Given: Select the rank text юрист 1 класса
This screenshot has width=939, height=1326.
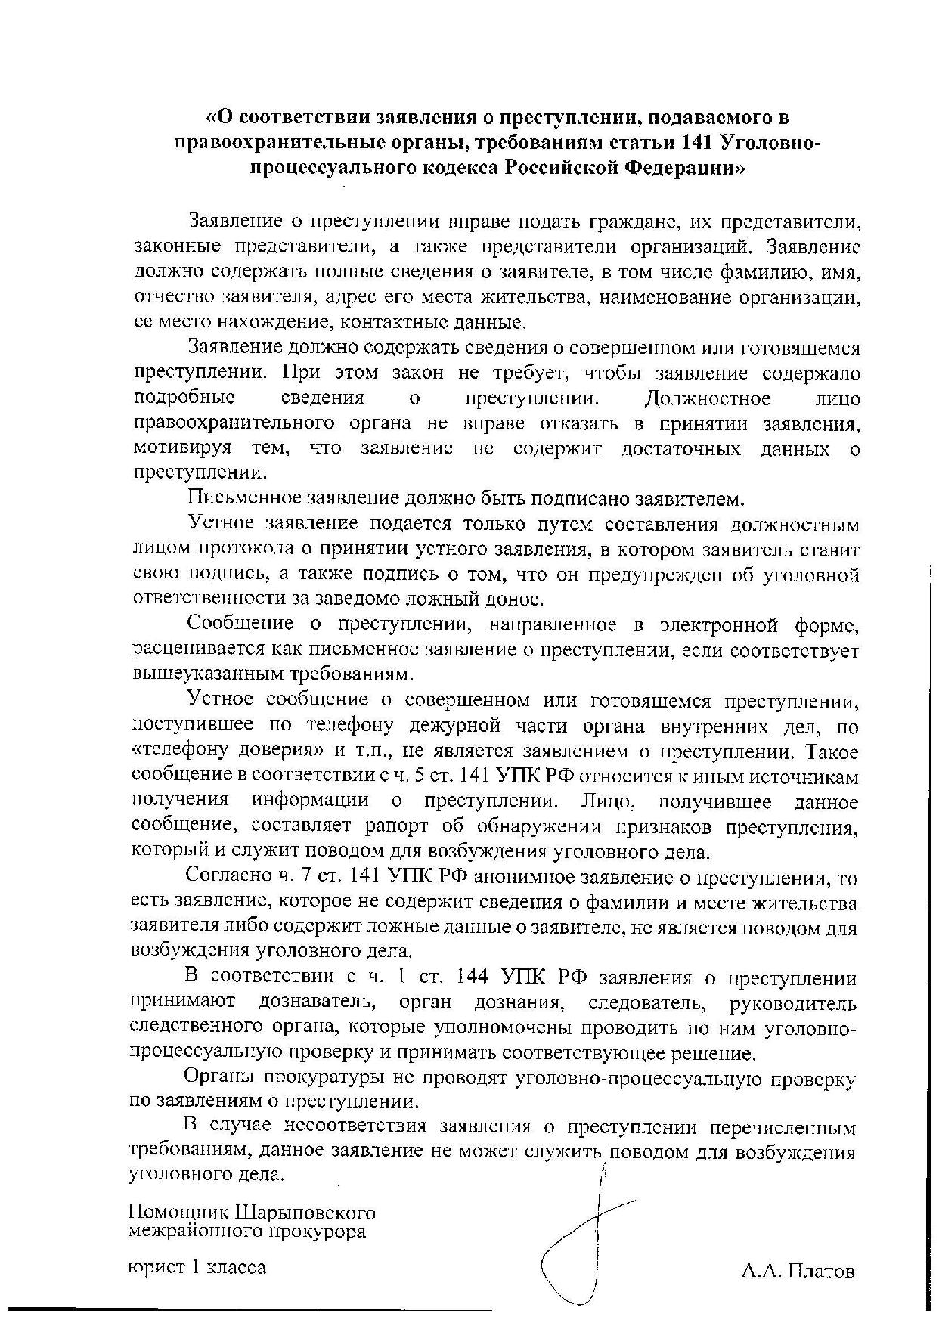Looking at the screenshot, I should (x=197, y=1267).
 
